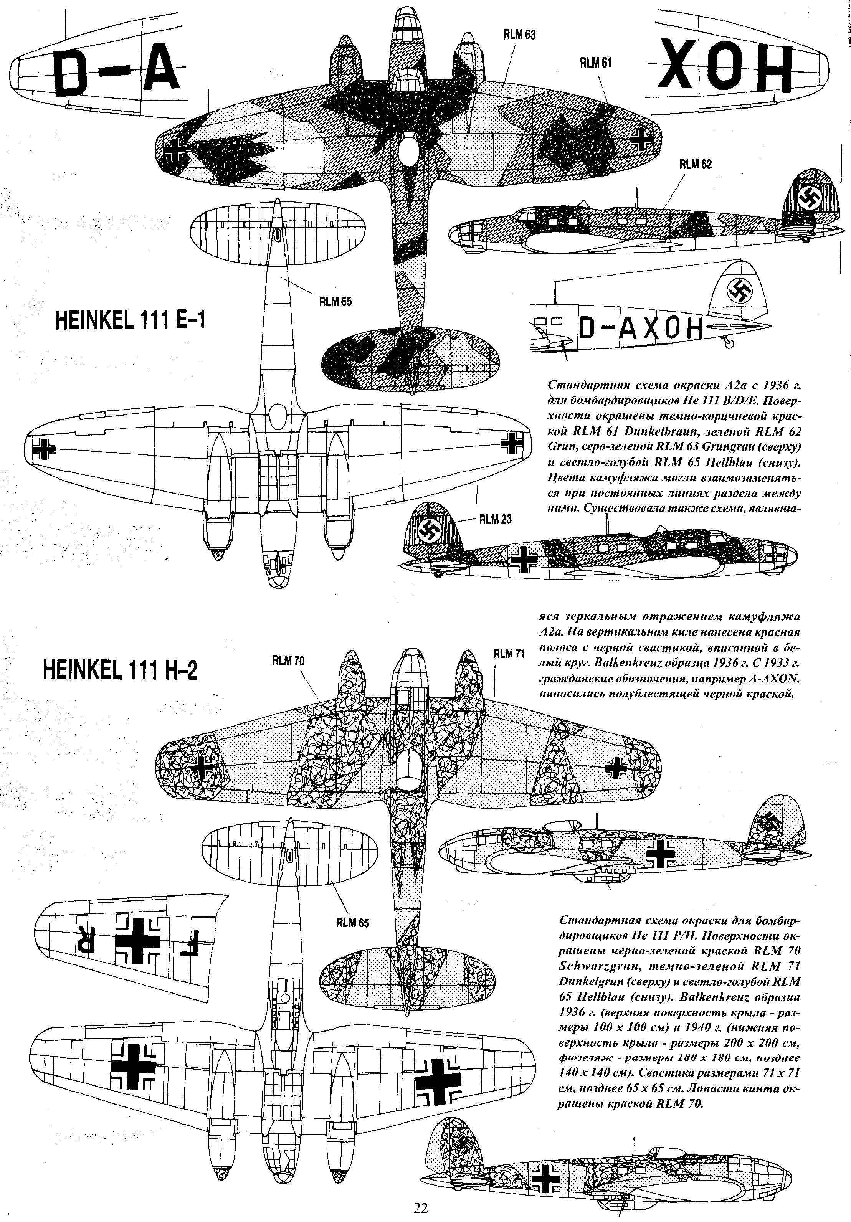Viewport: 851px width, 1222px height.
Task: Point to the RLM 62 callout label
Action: tap(695, 165)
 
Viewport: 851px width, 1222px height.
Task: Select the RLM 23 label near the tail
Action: tap(496, 519)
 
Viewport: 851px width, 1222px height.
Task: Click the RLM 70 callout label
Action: tap(288, 661)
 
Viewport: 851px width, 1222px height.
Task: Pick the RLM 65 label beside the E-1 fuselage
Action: tap(335, 302)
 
